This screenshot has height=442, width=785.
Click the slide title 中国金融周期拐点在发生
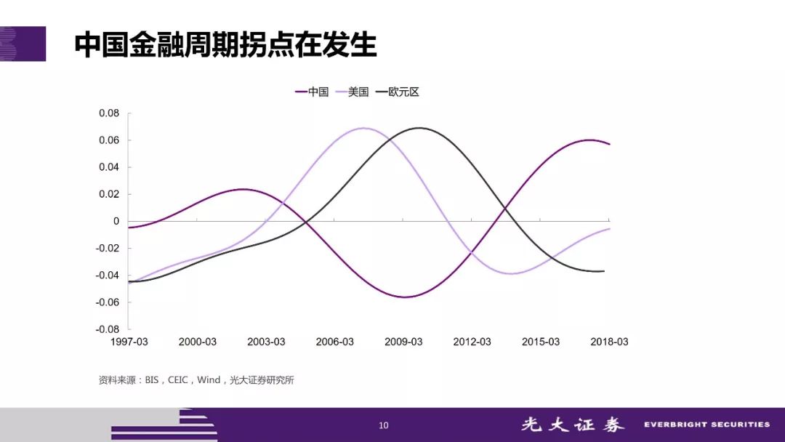click(x=225, y=44)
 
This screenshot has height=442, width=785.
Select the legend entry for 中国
click(x=312, y=92)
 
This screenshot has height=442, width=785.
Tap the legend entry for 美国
click(x=352, y=92)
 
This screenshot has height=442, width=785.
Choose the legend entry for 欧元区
click(x=397, y=92)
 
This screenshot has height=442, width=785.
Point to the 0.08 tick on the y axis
click(x=109, y=113)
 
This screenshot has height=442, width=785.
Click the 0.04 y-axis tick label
click(x=109, y=167)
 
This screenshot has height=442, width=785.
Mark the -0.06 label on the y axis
click(x=108, y=302)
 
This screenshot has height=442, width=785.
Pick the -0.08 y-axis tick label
click(x=108, y=329)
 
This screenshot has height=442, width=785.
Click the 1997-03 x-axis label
click(x=129, y=342)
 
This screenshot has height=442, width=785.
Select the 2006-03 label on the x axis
click(x=335, y=342)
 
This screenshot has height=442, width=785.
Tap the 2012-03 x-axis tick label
click(x=472, y=342)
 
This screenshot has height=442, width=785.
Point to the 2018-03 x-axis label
click(x=609, y=342)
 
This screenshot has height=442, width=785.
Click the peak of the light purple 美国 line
click(x=364, y=128)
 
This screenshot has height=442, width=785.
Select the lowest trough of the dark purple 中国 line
click(x=405, y=297)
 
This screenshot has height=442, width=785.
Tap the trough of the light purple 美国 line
click(x=512, y=274)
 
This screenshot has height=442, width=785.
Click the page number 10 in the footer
click(x=384, y=425)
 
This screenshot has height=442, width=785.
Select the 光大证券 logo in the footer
click(x=573, y=425)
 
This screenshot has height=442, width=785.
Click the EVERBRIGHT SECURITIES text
click(x=707, y=425)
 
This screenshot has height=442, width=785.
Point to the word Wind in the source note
click(x=209, y=380)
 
